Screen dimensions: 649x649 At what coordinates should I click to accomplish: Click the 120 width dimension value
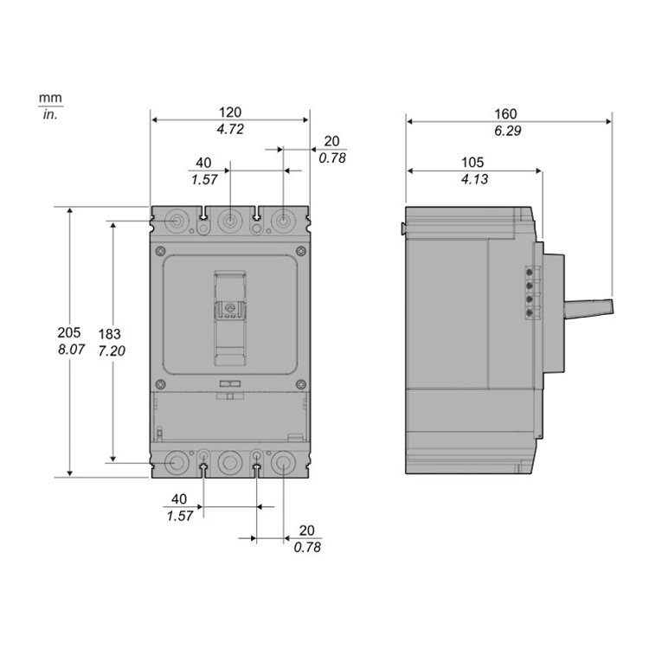(229, 112)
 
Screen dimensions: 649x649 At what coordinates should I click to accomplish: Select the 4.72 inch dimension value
(230, 129)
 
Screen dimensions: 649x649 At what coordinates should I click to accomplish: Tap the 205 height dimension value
(69, 332)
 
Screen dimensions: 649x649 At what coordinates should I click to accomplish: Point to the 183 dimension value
(110, 334)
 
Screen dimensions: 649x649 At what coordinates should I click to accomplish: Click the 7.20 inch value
(112, 350)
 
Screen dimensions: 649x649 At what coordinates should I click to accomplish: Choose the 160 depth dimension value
(506, 114)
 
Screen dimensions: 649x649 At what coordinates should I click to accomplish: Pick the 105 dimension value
(472, 163)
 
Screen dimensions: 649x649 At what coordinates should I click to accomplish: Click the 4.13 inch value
(475, 179)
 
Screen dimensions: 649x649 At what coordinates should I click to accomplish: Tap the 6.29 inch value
(508, 131)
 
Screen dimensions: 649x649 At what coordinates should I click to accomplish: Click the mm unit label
(50, 99)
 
